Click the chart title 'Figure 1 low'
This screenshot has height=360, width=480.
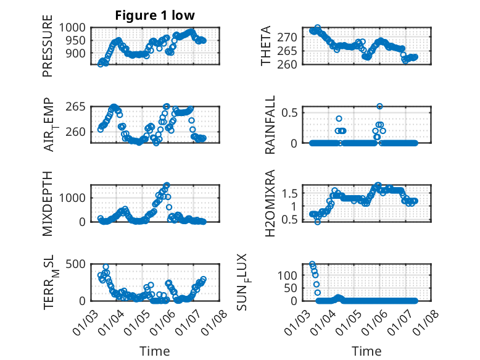click(154, 16)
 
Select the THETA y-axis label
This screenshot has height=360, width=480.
click(266, 46)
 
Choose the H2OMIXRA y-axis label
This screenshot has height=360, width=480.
click(270, 204)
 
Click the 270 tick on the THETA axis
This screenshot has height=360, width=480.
click(291, 37)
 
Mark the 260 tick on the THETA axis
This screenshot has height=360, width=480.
click(291, 64)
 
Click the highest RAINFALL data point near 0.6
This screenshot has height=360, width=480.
click(380, 106)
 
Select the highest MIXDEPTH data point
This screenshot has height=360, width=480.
click(167, 185)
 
